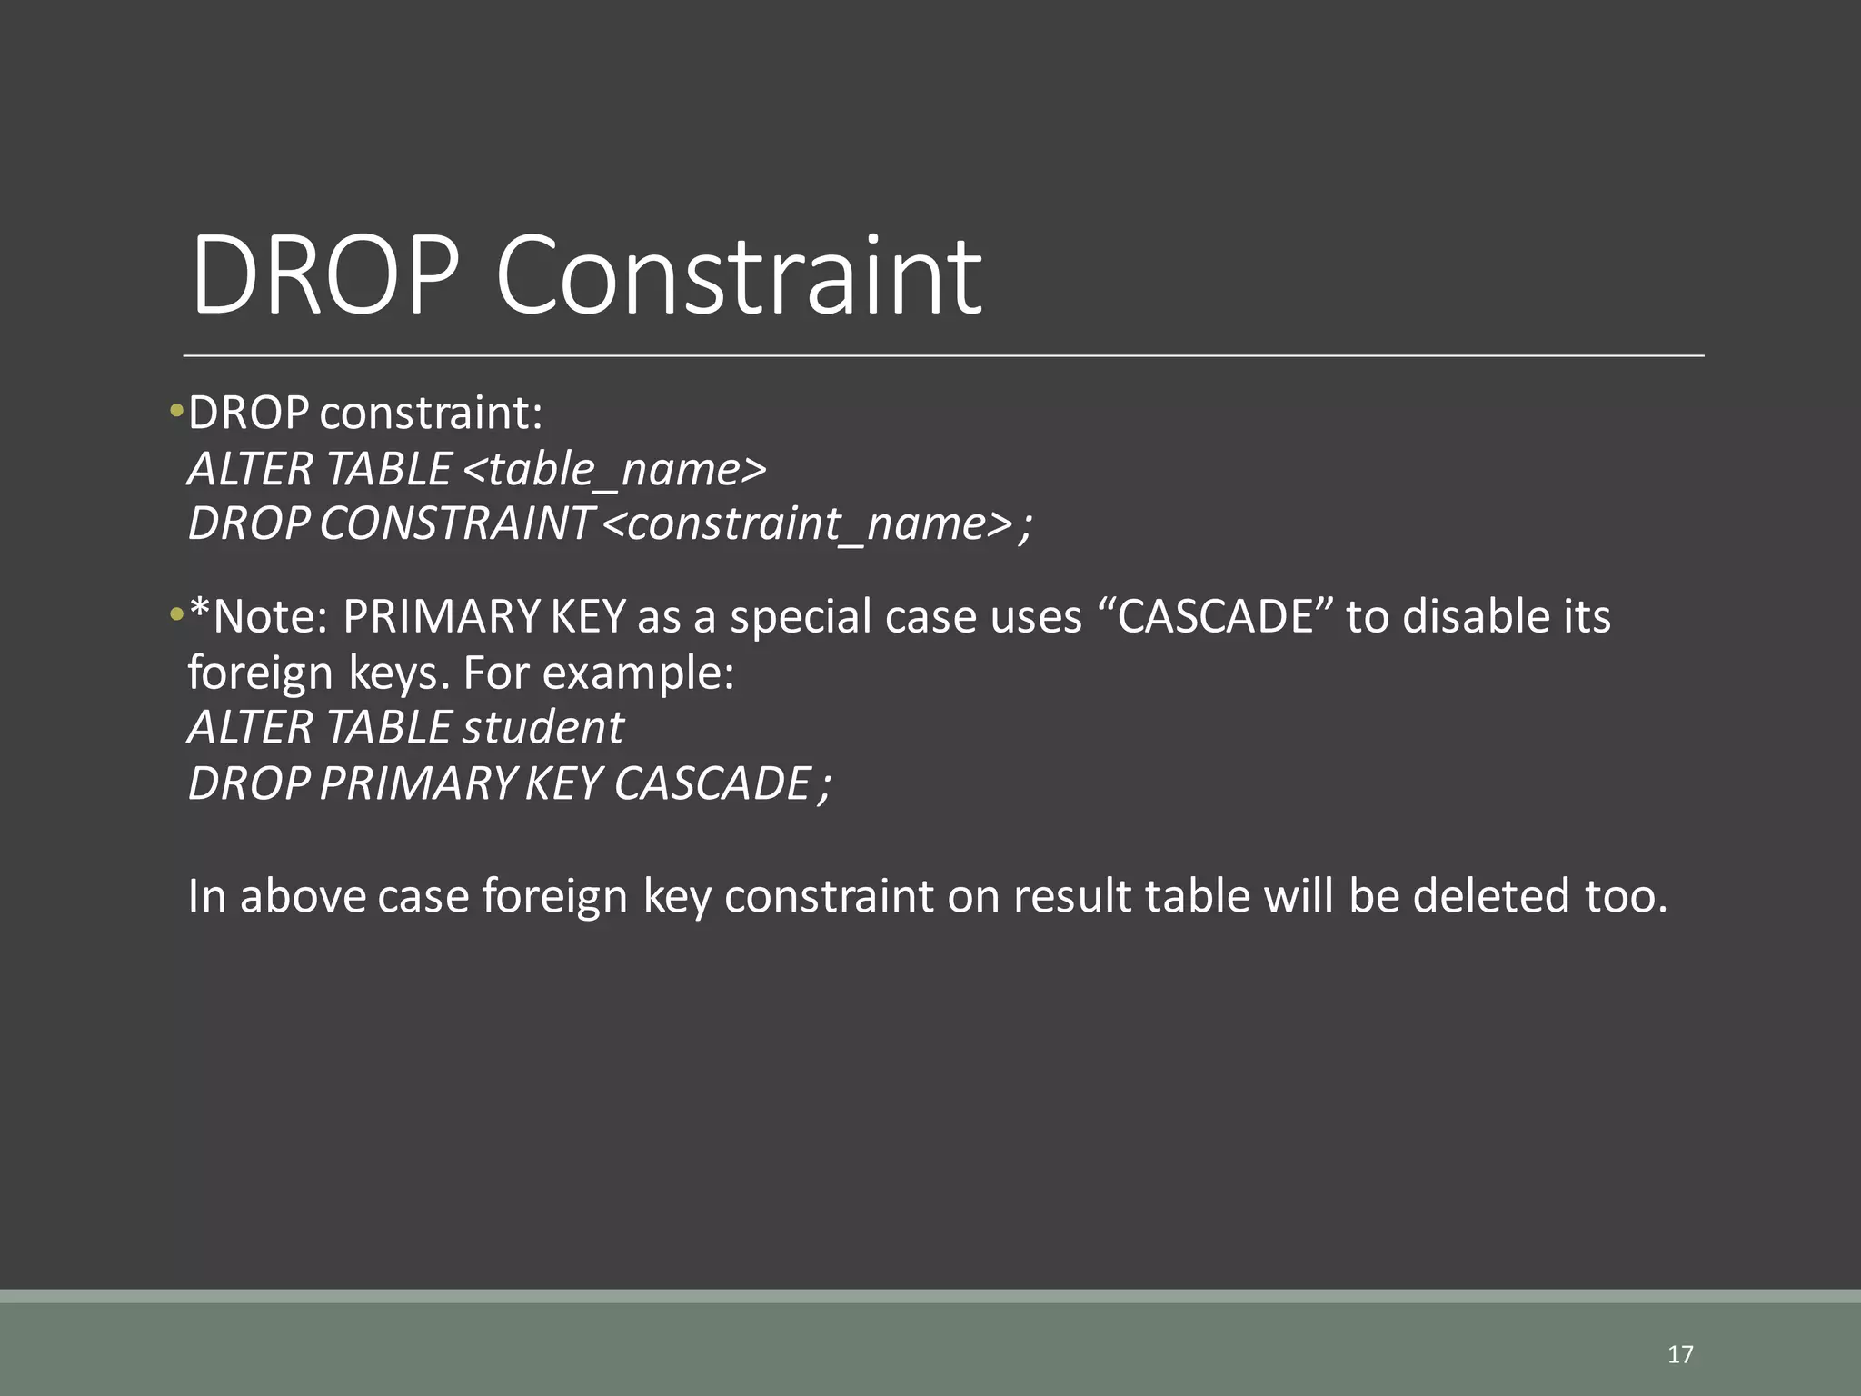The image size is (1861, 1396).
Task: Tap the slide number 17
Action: [1680, 1355]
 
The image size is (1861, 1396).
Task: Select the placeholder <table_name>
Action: [615, 469]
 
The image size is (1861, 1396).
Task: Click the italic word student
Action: [542, 728]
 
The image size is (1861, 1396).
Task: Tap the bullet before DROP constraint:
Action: [176, 412]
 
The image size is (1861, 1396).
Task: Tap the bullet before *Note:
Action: [176, 615]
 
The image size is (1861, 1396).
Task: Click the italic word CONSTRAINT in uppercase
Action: [455, 524]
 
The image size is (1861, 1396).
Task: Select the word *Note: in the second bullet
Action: [258, 616]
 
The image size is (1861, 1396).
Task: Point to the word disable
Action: [1464, 616]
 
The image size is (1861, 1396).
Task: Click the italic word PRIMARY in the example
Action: [417, 783]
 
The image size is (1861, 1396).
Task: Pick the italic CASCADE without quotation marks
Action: [712, 783]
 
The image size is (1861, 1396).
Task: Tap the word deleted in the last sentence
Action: [1491, 896]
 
